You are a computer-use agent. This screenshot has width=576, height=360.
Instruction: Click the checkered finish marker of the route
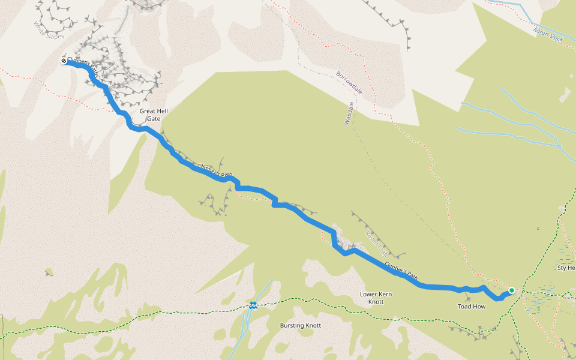coord(64,61)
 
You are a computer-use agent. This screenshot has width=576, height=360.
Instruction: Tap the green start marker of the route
coord(511,290)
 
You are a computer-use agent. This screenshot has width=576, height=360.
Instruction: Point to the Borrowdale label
coord(349,83)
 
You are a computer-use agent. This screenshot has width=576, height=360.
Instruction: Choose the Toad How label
coord(471,306)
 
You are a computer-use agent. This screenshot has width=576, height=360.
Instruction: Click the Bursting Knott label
coord(301,325)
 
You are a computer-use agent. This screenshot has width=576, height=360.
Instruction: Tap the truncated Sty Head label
coord(566,268)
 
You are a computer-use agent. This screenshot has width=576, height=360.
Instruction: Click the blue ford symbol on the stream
coord(254,306)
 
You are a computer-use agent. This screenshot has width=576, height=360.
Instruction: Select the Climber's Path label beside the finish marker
coord(83,66)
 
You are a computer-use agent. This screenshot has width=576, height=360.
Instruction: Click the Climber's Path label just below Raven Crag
coord(401,271)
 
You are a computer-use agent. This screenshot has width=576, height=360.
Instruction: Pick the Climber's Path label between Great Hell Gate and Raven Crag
coord(215,170)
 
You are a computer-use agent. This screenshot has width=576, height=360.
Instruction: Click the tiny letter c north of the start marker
coord(538,228)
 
